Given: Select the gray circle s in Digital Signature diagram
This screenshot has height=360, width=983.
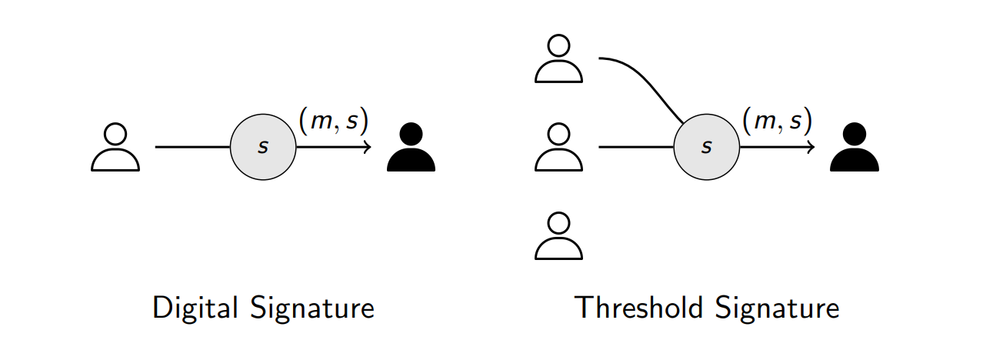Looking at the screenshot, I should point(263,147).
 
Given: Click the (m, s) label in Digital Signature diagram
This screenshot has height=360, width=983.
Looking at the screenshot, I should point(333,120).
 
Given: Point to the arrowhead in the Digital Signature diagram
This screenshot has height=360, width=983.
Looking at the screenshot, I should point(368,147).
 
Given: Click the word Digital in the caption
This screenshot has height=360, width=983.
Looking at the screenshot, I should point(195,308).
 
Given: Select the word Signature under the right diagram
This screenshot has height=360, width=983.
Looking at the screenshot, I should point(778,308).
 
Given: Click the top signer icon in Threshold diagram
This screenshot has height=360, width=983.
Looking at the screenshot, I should point(558,58).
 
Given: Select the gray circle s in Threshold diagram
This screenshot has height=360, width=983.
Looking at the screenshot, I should point(706,147).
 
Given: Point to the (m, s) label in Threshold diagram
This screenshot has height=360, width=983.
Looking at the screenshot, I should point(777,120).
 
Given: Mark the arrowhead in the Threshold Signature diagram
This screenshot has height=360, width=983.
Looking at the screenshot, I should point(811,147).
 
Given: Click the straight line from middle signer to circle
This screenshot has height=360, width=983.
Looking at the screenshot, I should point(635,147).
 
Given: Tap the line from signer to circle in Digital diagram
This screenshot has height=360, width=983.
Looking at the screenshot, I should point(192,147).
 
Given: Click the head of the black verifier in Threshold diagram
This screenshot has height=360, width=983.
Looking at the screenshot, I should point(854,134).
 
